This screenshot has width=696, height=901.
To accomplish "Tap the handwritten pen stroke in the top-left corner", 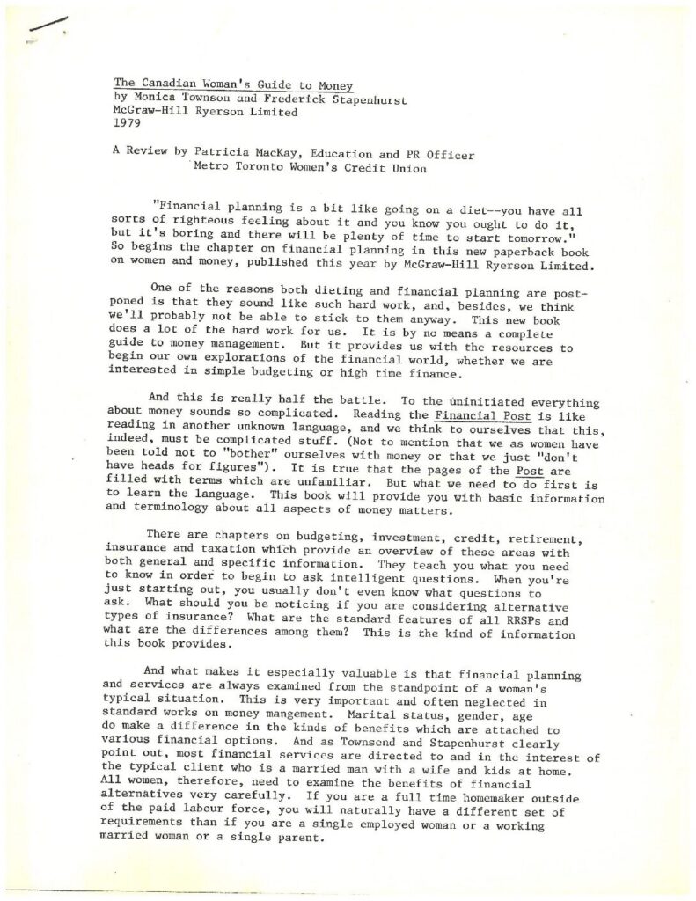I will (x=45, y=28).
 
